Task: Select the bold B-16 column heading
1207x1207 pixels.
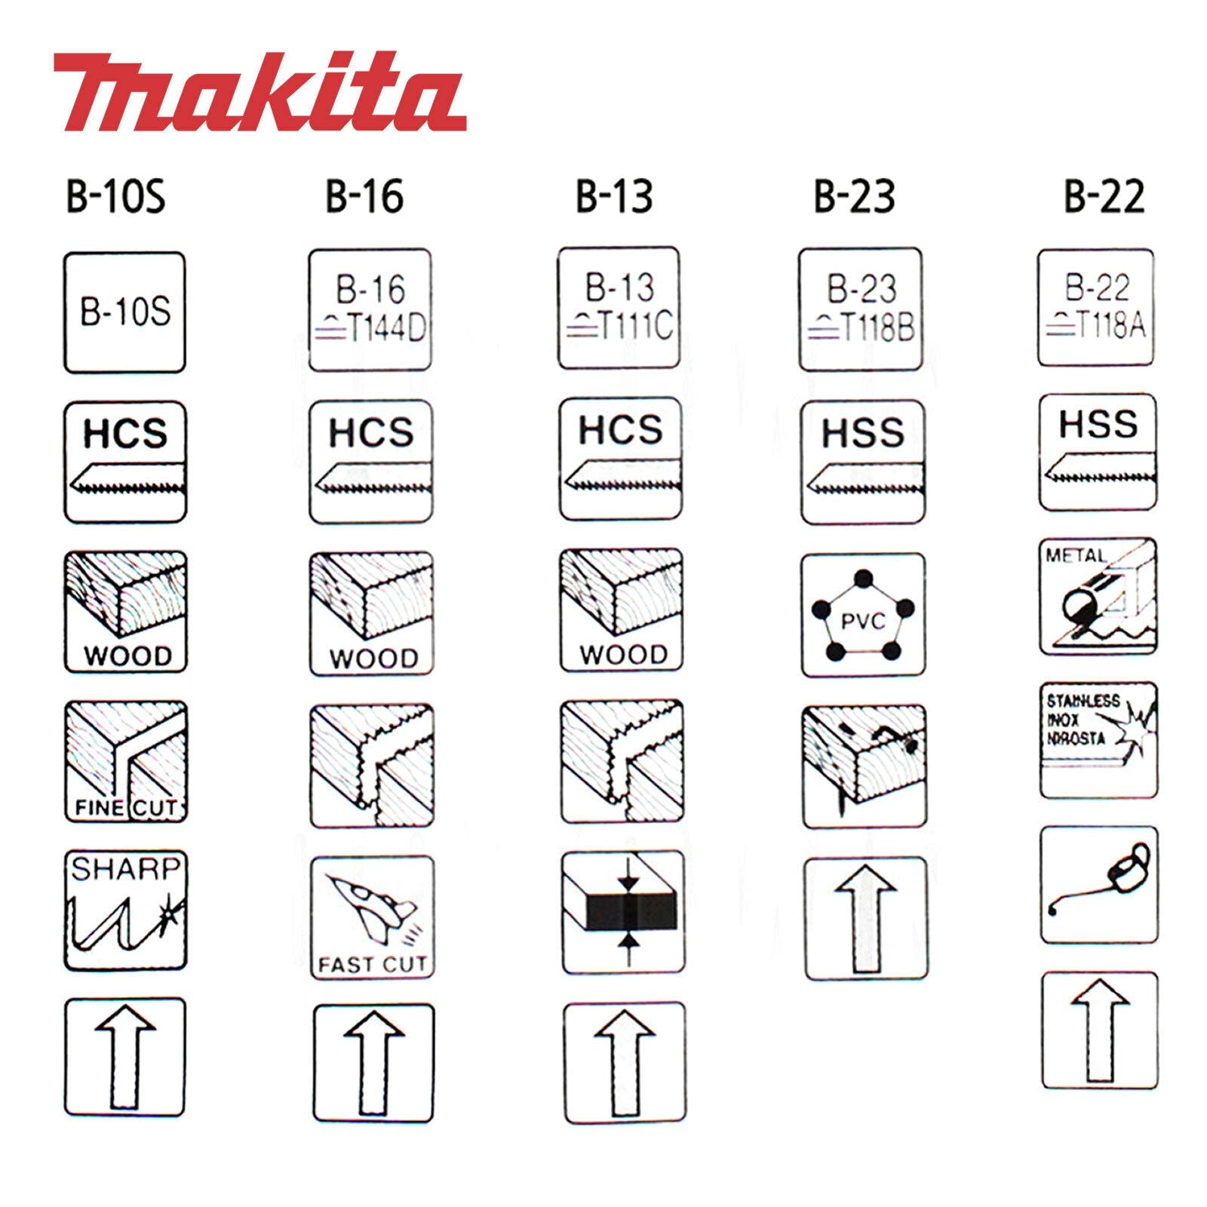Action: (364, 195)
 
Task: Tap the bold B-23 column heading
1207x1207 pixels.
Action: (854, 195)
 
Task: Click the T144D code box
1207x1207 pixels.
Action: (370, 310)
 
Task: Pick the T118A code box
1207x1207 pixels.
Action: (1096, 308)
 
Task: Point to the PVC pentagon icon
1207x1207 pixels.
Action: (862, 616)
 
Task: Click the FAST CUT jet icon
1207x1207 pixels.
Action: (373, 917)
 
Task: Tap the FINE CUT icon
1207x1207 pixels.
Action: (125, 761)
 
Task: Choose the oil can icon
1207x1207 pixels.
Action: (1099, 884)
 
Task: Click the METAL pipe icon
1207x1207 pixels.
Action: (1098, 596)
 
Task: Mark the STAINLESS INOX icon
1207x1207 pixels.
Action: (1098, 740)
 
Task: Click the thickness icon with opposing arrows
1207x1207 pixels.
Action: (622, 912)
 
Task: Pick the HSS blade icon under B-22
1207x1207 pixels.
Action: (1098, 451)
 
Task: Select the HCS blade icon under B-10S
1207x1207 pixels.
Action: (125, 462)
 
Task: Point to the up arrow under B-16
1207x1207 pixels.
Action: (373, 1064)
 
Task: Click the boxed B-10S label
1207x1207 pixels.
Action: (125, 312)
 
